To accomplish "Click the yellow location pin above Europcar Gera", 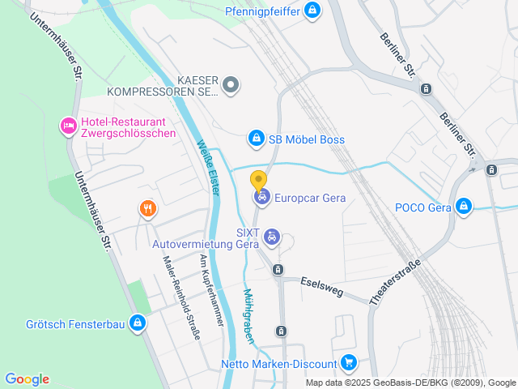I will click(258, 180).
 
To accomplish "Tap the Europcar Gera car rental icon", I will click(261, 196).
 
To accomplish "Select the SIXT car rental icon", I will click(273, 237).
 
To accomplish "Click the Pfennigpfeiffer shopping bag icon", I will click(312, 11).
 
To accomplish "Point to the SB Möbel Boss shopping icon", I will click(257, 139).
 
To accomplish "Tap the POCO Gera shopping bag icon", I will click(463, 207).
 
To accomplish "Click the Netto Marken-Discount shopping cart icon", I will click(348, 363).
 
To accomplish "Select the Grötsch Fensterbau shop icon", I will click(138, 324).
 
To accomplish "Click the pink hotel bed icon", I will click(68, 126).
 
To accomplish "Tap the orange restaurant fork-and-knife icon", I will click(146, 209).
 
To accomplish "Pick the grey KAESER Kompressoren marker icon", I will click(231, 83).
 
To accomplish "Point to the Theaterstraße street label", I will click(396, 282).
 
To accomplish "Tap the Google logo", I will click(27, 379).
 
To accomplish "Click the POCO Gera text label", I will click(422, 207).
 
